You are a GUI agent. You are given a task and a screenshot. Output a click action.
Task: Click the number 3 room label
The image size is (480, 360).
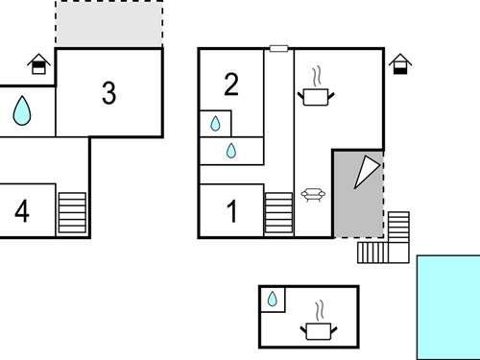click(108, 93)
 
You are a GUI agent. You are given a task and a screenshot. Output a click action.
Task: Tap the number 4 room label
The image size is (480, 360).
click(21, 210)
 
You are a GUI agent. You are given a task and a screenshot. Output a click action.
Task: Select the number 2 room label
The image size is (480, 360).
click(230, 85)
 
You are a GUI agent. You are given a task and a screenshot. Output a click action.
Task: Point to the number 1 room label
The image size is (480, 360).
click(231, 211)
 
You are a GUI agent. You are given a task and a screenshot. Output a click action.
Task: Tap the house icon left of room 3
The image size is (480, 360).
click(38, 64)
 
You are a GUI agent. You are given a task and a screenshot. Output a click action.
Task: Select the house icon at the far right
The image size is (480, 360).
click(401, 64)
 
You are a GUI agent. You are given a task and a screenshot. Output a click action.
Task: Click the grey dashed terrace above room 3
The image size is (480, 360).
click(108, 24)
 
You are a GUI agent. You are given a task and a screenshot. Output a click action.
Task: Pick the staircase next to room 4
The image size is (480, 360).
click(72, 212)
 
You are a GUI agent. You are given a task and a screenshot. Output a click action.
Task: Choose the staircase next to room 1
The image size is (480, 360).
click(278, 212)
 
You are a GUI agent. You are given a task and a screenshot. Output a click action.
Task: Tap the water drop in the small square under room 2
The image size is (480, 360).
click(215, 124)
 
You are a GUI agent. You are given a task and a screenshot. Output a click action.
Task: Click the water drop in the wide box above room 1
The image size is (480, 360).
click(231, 151)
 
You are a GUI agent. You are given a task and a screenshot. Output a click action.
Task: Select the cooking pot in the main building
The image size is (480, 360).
click(316, 95)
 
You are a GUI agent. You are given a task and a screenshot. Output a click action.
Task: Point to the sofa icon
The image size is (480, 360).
click(312, 195)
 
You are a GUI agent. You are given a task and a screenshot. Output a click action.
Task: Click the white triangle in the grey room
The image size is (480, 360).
click(366, 172)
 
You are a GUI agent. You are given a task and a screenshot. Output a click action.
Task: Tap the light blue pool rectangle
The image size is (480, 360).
click(448, 306)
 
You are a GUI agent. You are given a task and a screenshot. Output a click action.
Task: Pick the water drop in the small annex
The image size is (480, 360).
click(273, 300)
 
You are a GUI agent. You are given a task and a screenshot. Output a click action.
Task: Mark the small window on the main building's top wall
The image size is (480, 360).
click(278, 48)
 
